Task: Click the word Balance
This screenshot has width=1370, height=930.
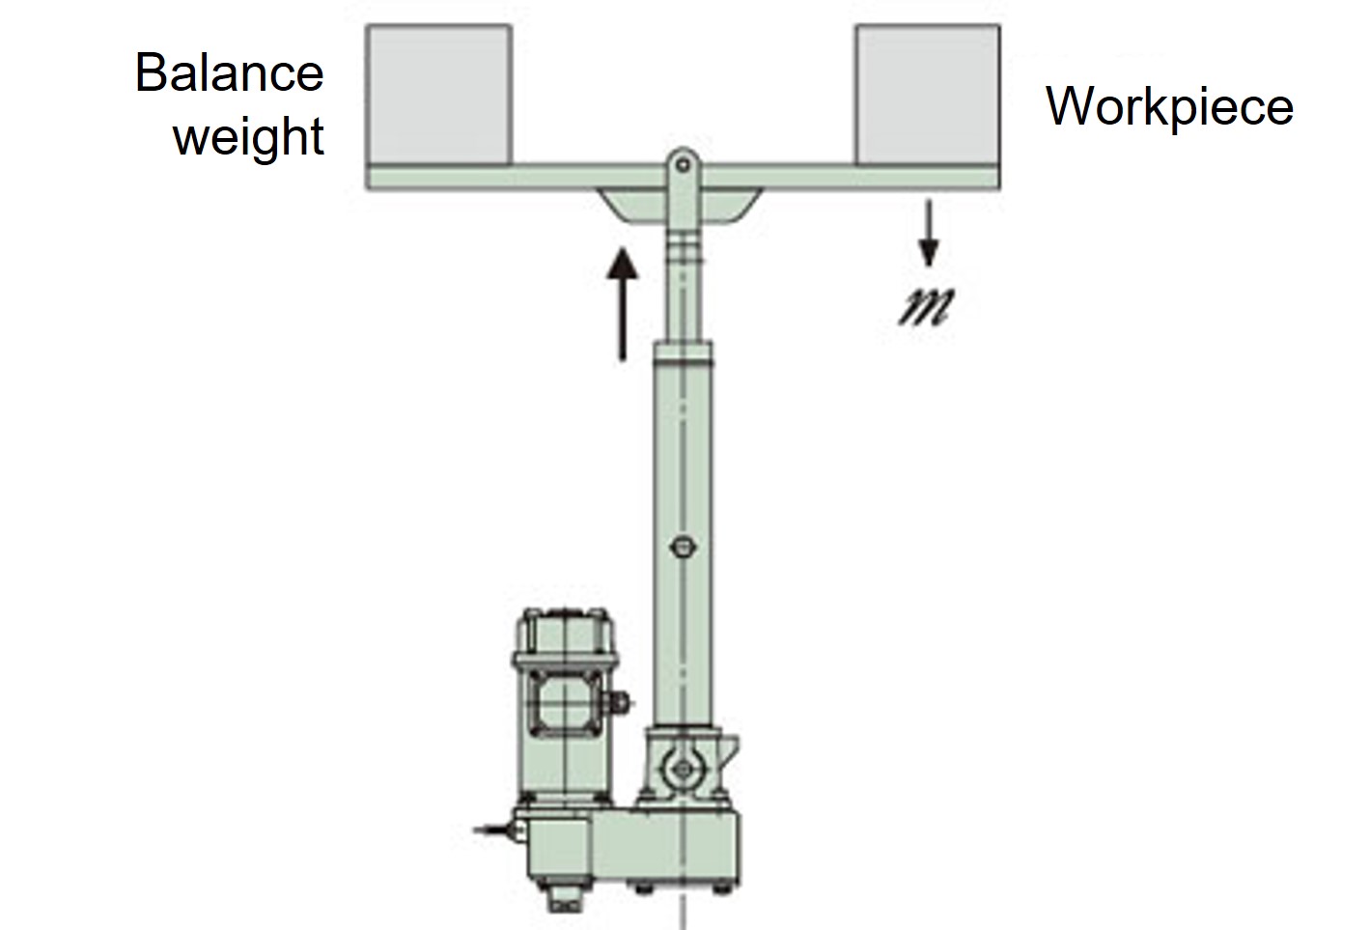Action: [229, 73]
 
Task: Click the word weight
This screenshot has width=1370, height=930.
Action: [248, 137]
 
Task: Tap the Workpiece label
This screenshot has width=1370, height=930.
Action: [1169, 106]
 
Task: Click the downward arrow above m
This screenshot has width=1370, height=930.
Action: [928, 232]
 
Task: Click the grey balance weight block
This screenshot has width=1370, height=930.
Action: [439, 94]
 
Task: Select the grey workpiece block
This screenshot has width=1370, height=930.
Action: [927, 94]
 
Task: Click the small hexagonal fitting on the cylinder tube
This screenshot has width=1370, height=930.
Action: [682, 547]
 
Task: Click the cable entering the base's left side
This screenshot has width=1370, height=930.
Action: [494, 829]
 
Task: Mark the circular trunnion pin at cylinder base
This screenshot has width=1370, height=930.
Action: [682, 769]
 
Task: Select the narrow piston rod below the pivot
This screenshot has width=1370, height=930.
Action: [683, 290]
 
